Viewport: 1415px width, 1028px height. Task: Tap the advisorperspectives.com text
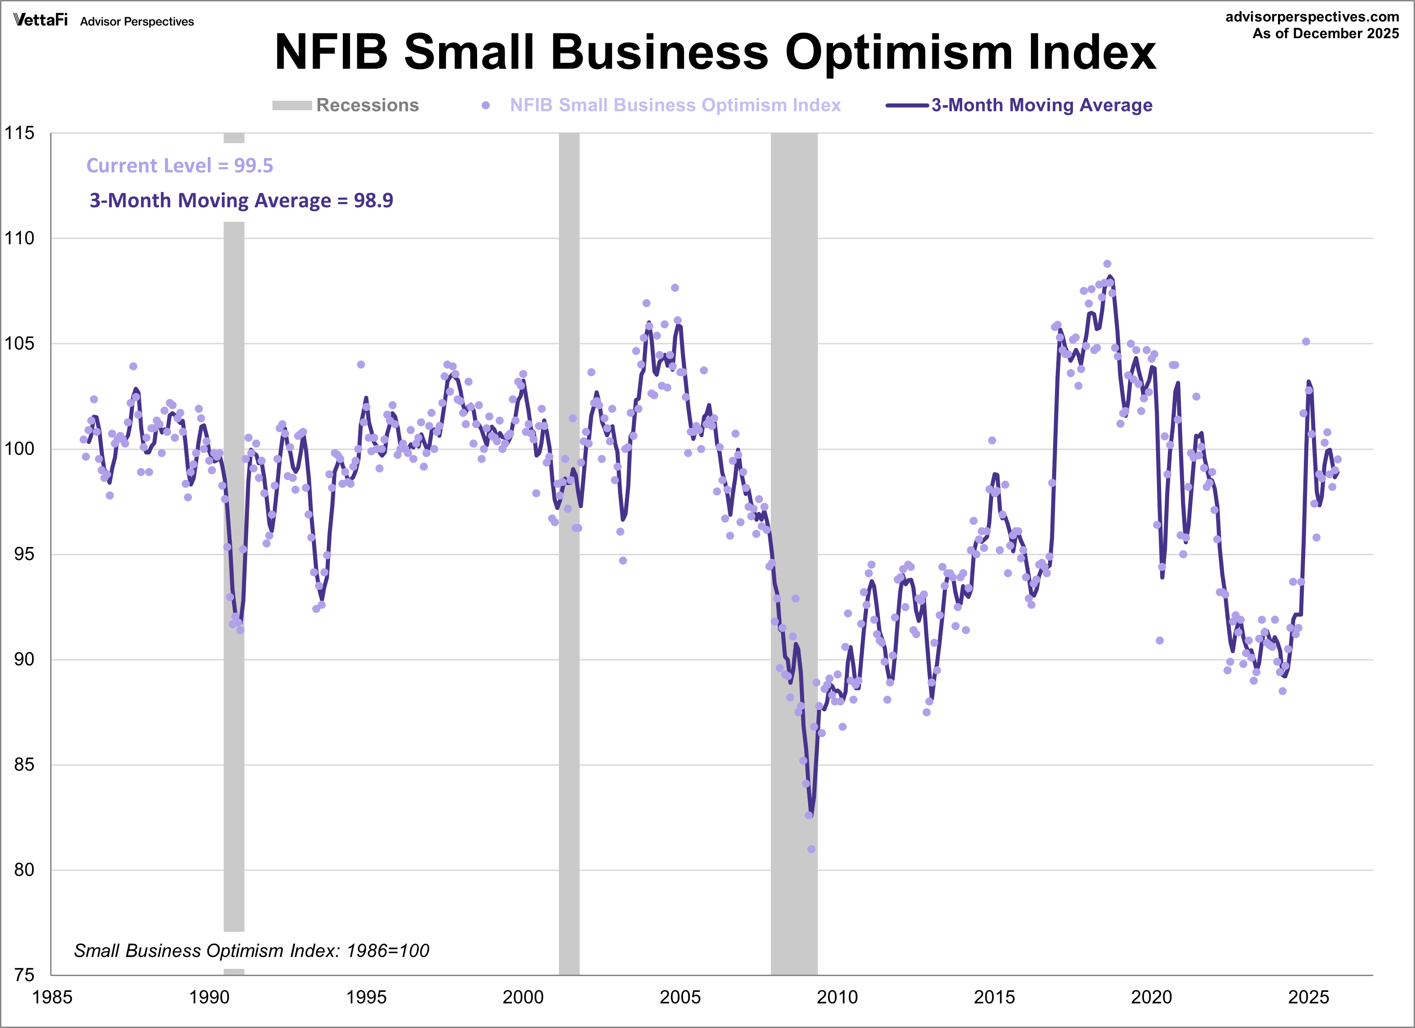tap(1312, 17)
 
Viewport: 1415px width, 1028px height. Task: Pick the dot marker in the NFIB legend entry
tap(485, 105)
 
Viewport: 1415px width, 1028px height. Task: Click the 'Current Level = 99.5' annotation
tap(180, 165)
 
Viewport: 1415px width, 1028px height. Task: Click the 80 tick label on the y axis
tap(23, 869)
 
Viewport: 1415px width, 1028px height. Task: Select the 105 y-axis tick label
tap(19, 343)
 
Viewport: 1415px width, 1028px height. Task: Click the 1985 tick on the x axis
tap(52, 997)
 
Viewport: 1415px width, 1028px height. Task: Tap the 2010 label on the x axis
tap(837, 997)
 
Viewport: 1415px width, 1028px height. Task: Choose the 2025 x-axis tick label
tap(1308, 997)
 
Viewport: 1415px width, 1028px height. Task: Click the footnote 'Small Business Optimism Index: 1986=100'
tap(252, 951)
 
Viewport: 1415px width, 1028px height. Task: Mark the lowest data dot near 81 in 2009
tap(811, 849)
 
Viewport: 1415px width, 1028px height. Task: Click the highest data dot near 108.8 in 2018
tap(1107, 264)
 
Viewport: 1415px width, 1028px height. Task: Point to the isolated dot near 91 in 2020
tap(1159, 640)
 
